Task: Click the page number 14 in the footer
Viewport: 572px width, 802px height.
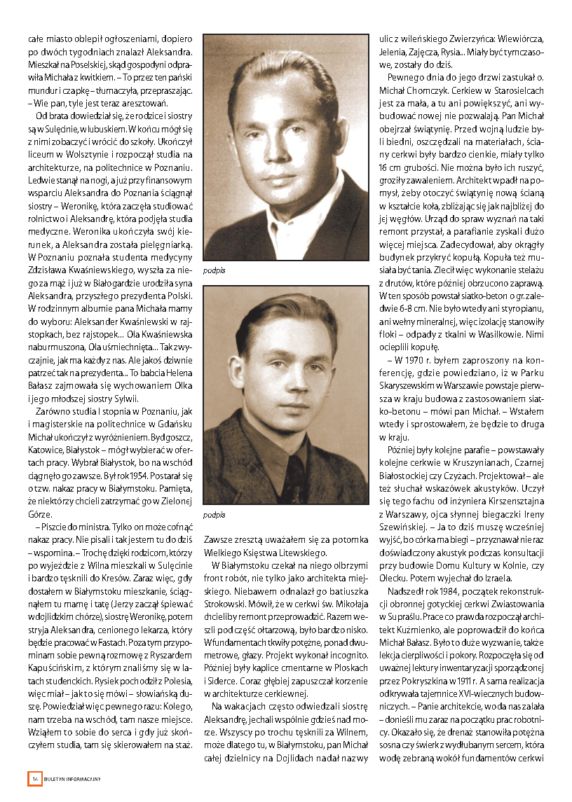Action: tap(34, 778)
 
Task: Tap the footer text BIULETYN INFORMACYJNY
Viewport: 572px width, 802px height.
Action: tap(72, 779)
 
